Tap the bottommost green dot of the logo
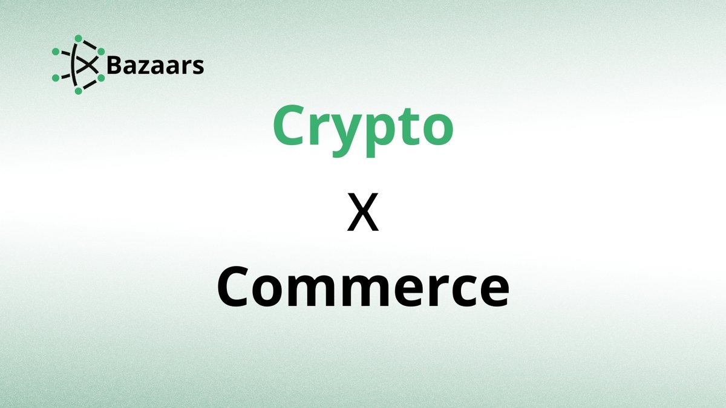pyautogui.click(x=78, y=91)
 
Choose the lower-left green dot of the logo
pyautogui.click(x=56, y=78)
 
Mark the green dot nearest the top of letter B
pyautogui.click(x=101, y=51)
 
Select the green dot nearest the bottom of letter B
pyautogui.click(x=101, y=78)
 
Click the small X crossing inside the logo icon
pyautogui.click(x=88, y=65)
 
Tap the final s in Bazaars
pyautogui.click(x=198, y=67)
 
